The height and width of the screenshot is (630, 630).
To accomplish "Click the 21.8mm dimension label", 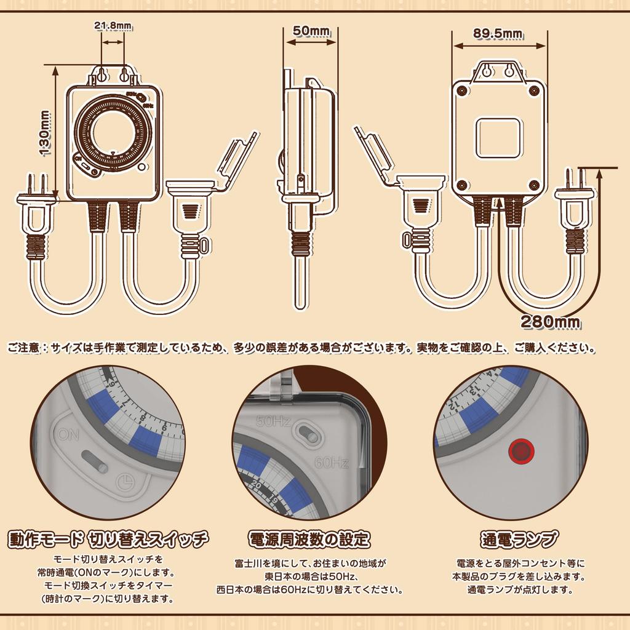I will pyautogui.click(x=113, y=26).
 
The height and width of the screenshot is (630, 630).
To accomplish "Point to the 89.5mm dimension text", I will pyautogui.click(x=498, y=33).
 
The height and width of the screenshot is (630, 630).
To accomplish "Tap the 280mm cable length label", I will pyautogui.click(x=551, y=321).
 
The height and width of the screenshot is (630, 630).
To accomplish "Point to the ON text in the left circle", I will pyautogui.click(x=70, y=434).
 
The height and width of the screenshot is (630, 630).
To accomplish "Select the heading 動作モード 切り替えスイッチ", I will pyautogui.click(x=108, y=540).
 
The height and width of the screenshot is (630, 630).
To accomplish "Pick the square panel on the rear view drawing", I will pyautogui.click(x=498, y=138).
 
